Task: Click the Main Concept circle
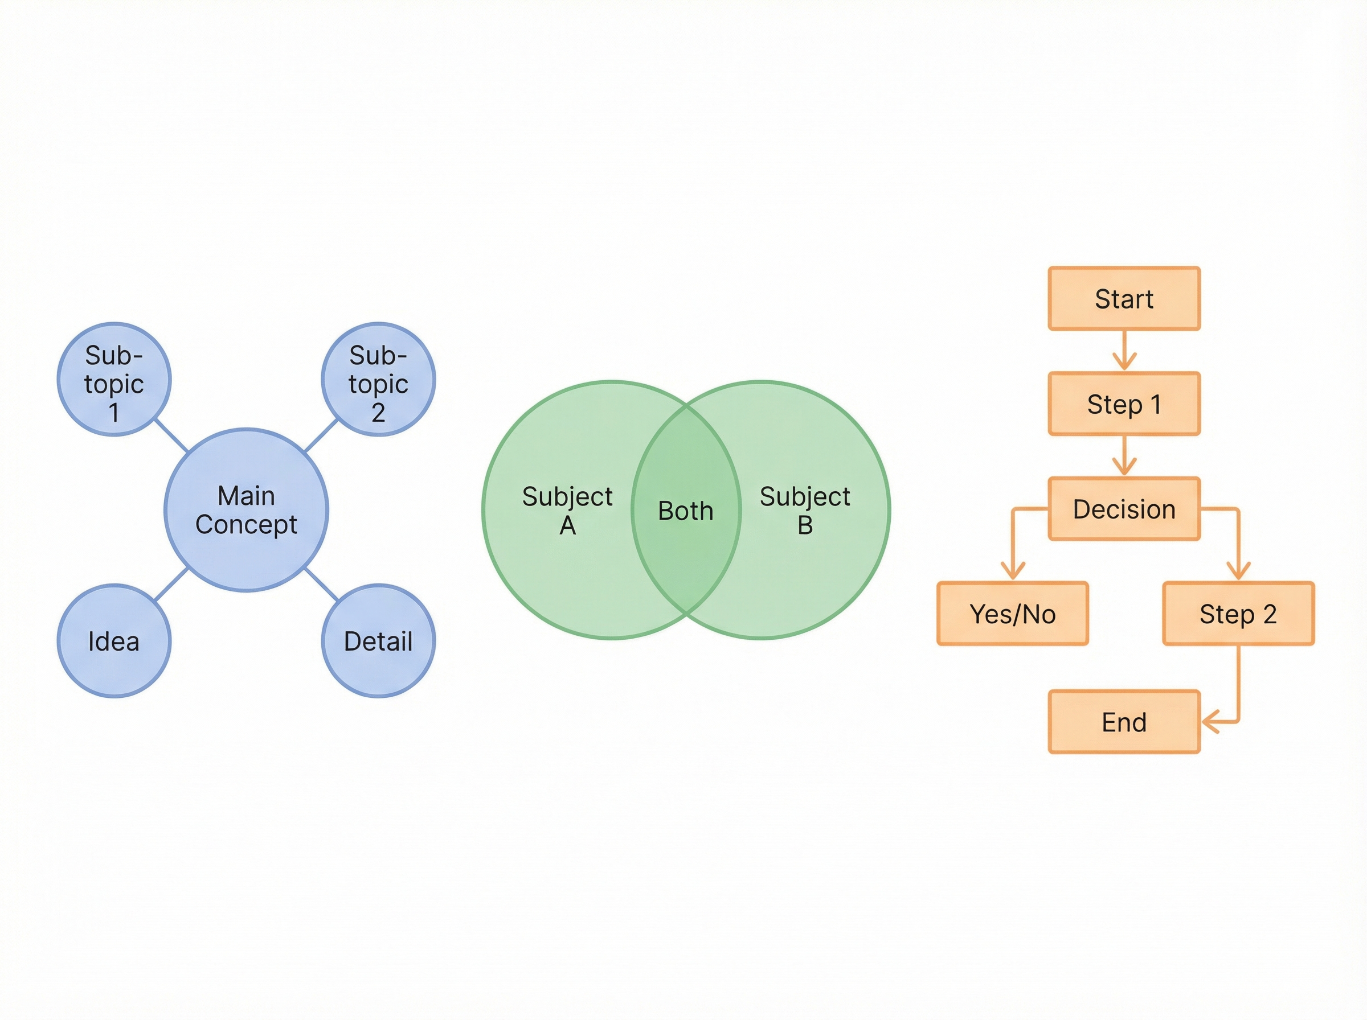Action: click(246, 510)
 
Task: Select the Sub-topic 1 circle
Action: click(114, 379)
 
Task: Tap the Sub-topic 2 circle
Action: click(378, 379)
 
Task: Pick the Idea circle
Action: click(114, 641)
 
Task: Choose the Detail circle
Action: click(378, 641)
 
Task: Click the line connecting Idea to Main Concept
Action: click(171, 584)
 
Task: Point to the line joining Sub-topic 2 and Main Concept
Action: click(321, 436)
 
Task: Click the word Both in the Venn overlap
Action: click(686, 511)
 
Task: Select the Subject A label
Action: click(567, 510)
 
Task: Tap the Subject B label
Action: click(804, 510)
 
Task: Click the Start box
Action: click(1124, 299)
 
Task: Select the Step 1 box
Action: click(1124, 404)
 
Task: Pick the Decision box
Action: click(1124, 509)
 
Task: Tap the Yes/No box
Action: click(1012, 614)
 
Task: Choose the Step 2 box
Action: click(1238, 614)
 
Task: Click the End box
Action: click(1124, 722)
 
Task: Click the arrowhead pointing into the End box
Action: click(1209, 721)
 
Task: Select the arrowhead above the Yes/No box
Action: click(1012, 570)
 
